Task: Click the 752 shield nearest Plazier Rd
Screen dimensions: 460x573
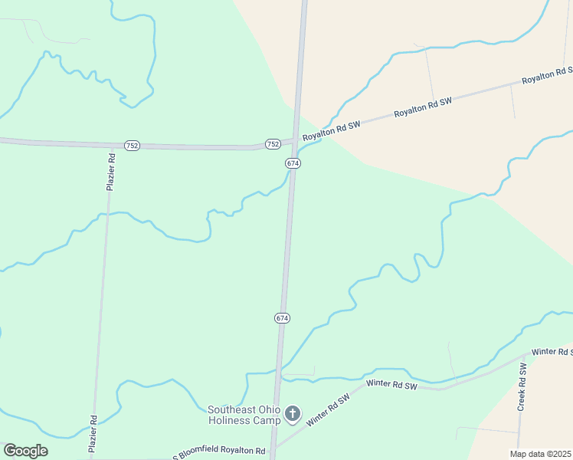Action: (x=132, y=146)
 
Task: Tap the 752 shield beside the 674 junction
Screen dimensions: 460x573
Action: (x=273, y=144)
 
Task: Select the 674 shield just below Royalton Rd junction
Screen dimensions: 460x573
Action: (x=293, y=163)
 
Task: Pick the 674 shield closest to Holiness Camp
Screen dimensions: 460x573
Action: (x=282, y=317)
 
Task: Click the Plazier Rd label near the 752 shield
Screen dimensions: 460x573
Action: (x=111, y=172)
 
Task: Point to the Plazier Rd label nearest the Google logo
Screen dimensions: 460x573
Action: (x=93, y=434)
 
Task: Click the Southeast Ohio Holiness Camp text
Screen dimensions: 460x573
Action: (x=244, y=415)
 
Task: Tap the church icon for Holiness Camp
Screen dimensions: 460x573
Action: (x=292, y=414)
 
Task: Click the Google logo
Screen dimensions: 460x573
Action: (x=25, y=451)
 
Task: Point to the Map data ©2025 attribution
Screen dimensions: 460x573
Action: (x=540, y=454)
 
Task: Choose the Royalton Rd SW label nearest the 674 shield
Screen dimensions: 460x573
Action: (x=331, y=131)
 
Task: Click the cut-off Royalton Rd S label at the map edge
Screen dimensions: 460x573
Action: (x=547, y=75)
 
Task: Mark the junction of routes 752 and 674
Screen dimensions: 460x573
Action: (x=294, y=140)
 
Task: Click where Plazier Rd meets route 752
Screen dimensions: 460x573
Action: (x=113, y=144)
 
